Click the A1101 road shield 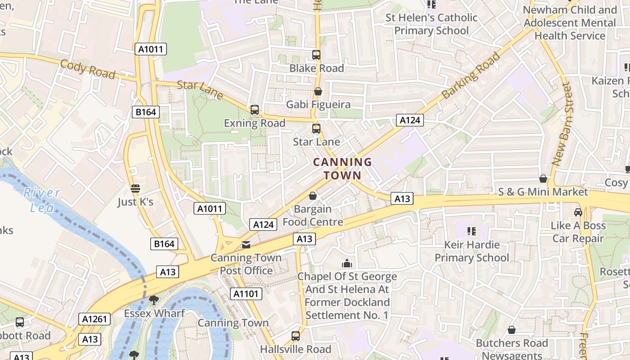246,294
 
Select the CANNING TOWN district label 342,168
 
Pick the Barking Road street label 471,76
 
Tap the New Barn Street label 563,123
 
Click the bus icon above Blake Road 316,55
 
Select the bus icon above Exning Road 255,109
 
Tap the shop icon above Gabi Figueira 318,91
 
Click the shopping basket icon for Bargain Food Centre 313,196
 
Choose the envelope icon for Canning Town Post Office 246,245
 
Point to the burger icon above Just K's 135,188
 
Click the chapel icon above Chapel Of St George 347,263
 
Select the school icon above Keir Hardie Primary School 472,231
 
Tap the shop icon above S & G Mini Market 543,179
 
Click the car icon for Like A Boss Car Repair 578,212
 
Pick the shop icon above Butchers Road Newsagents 512,330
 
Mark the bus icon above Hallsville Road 296,336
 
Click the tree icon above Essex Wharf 154,300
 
